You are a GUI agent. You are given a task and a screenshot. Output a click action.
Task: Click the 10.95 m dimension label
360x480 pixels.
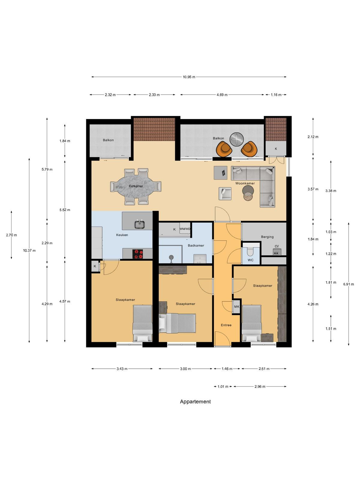pyautogui.click(x=189, y=77)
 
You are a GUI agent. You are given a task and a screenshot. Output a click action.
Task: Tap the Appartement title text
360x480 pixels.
pyautogui.click(x=195, y=401)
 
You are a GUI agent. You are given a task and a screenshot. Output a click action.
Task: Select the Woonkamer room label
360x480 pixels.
pyautogui.click(x=245, y=183)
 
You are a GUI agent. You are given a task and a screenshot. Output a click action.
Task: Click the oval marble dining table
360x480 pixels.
pyautogui.click(x=136, y=186)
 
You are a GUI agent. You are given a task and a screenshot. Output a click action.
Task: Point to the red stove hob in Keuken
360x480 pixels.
pyautogui.click(x=138, y=254)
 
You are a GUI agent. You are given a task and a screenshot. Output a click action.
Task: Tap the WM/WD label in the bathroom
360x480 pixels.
pyautogui.click(x=185, y=229)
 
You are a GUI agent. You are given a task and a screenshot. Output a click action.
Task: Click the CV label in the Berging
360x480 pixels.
pyautogui.click(x=277, y=246)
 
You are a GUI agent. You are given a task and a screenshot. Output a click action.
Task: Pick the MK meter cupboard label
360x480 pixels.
pyautogui.click(x=237, y=307)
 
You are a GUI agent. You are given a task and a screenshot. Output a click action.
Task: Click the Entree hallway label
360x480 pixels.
pyautogui.click(x=226, y=325)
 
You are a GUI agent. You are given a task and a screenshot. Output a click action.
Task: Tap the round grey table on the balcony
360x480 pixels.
pyautogui.click(x=236, y=139)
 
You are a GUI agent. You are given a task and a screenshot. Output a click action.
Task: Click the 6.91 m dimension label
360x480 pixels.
pyautogui.click(x=348, y=284)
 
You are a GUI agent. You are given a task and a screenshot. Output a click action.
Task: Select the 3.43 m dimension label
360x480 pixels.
pyautogui.click(x=122, y=369)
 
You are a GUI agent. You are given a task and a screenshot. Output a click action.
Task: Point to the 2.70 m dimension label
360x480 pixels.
pyautogui.click(x=11, y=235)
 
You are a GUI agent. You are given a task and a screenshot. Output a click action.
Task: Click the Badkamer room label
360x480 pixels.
pyautogui.click(x=196, y=246)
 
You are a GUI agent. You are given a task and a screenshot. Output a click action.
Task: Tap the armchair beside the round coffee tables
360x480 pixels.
pyautogui.click(x=225, y=193)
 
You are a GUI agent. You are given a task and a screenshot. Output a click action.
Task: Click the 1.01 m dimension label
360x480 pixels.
pyautogui.click(x=223, y=387)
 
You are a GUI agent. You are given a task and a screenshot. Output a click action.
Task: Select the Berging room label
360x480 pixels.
pyautogui.click(x=267, y=237)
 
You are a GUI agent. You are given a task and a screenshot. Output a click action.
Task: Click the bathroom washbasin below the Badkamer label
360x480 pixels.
pyautogui.click(x=200, y=259)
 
